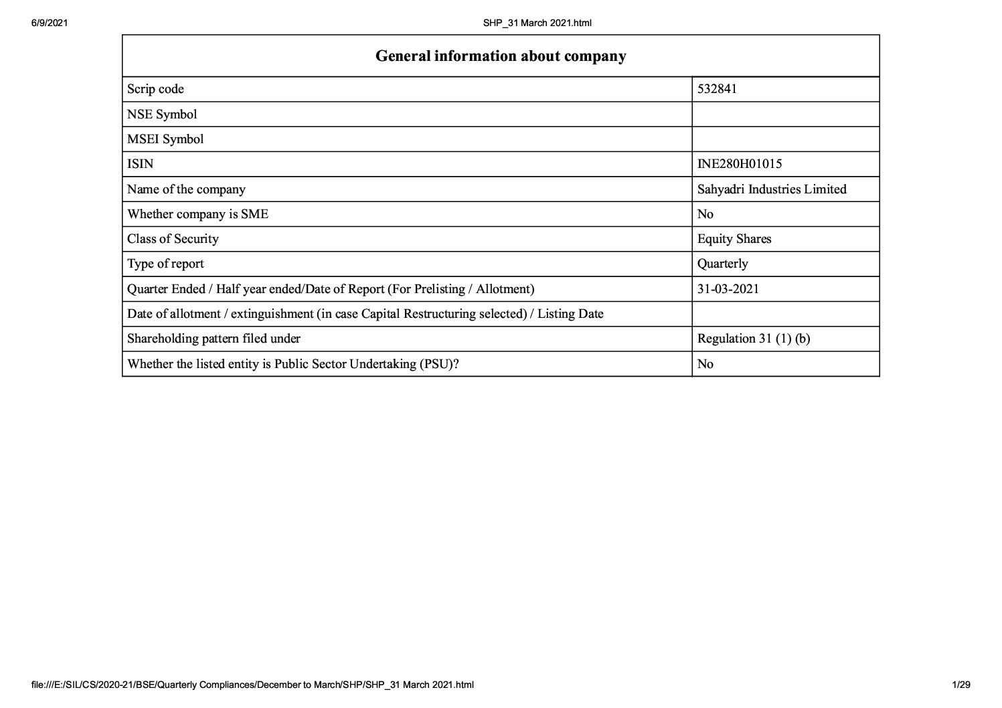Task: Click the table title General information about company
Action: (501, 56)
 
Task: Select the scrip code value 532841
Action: (717, 89)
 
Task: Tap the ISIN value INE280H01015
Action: (740, 164)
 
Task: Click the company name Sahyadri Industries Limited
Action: (772, 189)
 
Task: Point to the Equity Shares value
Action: (734, 239)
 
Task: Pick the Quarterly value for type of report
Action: (723, 264)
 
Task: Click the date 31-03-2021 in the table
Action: (728, 289)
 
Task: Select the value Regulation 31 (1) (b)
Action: (754, 339)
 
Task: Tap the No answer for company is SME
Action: (705, 214)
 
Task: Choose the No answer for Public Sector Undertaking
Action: (705, 364)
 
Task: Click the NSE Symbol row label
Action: (162, 114)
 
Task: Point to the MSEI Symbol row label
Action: (165, 139)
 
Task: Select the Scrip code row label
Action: (155, 89)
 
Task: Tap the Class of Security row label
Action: (173, 239)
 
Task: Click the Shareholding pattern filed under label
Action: (214, 339)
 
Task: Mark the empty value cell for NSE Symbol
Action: (785, 114)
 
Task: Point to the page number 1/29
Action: (961, 685)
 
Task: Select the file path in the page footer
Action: (252, 685)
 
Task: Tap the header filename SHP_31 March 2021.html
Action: (537, 23)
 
